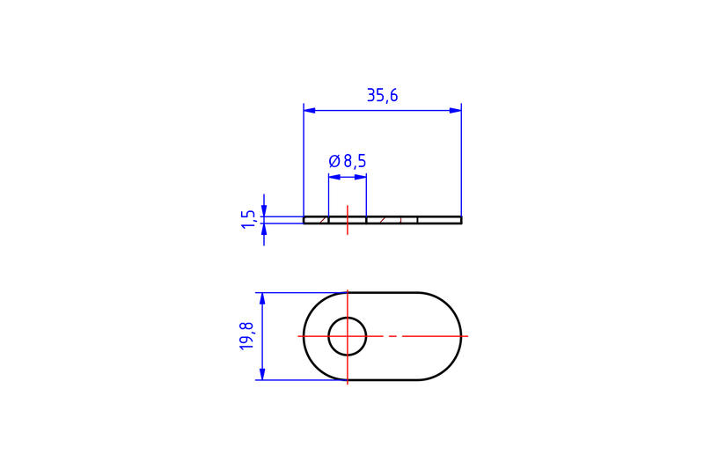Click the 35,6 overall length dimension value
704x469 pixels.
(382, 96)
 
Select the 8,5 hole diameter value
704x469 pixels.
(355, 161)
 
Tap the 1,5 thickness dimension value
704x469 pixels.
(249, 219)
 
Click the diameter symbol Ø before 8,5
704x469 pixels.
(334, 161)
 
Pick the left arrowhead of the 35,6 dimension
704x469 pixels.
(309, 110)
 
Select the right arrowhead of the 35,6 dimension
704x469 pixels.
(456, 110)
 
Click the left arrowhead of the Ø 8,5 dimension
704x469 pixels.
(334, 177)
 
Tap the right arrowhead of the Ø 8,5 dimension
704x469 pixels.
(361, 177)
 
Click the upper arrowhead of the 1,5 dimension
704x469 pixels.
(263, 210)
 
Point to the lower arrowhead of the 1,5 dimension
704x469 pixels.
(263, 229)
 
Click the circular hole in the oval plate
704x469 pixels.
(348, 336)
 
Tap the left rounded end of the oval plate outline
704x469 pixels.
(304, 336)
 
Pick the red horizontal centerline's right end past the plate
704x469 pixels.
(466, 336)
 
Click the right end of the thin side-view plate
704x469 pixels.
(459, 220)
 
